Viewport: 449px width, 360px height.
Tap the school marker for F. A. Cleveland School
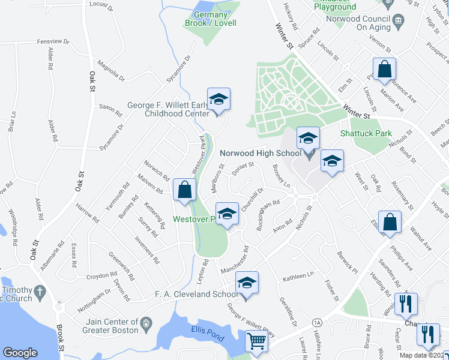(x=247, y=283)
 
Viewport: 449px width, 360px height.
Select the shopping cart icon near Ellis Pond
(x=257, y=341)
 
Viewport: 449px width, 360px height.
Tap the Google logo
(x=20, y=353)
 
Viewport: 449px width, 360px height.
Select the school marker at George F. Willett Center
(x=218, y=100)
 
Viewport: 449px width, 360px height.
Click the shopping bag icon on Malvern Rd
(x=184, y=190)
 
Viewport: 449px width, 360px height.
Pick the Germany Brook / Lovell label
(x=210, y=19)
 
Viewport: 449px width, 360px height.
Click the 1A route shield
(x=317, y=323)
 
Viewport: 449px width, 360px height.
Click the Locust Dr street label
(x=101, y=6)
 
